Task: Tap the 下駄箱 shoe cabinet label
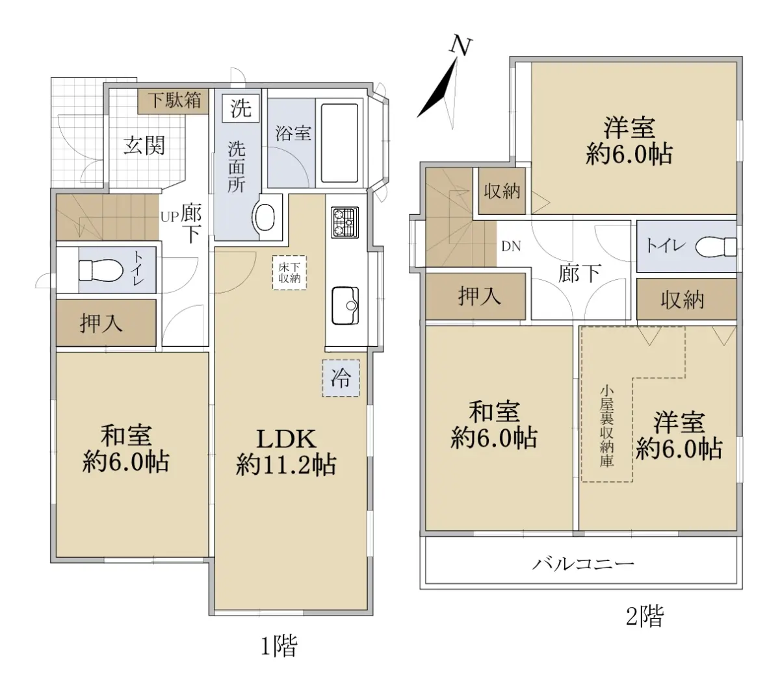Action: (x=175, y=100)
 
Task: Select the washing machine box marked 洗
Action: (x=240, y=108)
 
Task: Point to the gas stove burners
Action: (x=344, y=222)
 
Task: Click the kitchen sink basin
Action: (x=345, y=305)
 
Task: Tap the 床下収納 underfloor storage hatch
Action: (x=289, y=272)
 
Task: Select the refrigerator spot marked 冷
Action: (x=341, y=378)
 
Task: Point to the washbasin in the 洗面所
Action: (x=264, y=218)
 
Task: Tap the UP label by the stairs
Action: (x=170, y=217)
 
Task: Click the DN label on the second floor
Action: (x=511, y=246)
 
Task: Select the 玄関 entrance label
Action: (x=144, y=145)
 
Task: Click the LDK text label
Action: (x=286, y=439)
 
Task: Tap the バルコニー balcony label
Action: (x=583, y=564)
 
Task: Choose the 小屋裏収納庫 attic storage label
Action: (x=606, y=426)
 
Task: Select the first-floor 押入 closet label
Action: (x=101, y=323)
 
